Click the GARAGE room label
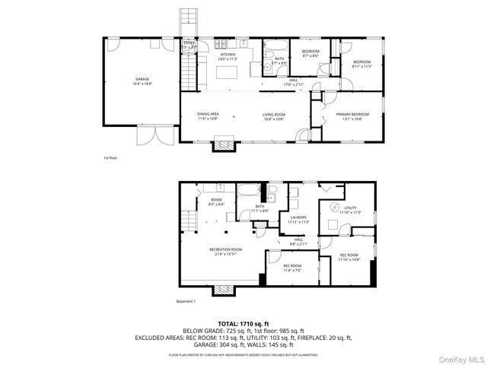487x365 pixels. coord(142,80)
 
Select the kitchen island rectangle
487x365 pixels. coord(227,73)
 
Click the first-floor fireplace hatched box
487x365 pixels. coord(224,144)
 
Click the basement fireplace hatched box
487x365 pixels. coord(223,289)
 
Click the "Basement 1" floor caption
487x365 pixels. coord(186,302)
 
